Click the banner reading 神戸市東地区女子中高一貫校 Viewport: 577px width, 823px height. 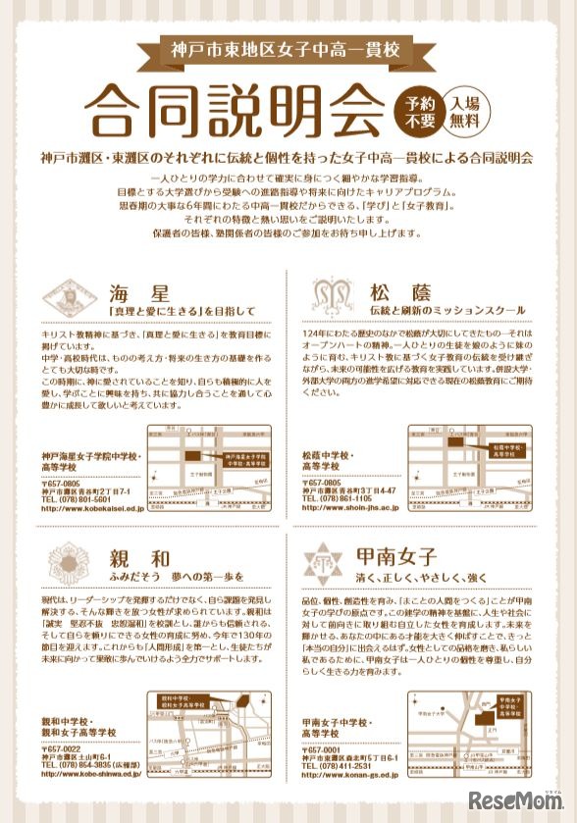coord(288,48)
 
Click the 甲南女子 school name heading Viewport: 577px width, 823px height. coord(395,556)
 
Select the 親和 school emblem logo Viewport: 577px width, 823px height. coord(68,562)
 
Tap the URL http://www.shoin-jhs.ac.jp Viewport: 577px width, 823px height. coord(350,508)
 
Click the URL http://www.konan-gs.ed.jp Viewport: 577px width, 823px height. coord(350,775)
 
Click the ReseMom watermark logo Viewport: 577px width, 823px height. coord(514,797)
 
